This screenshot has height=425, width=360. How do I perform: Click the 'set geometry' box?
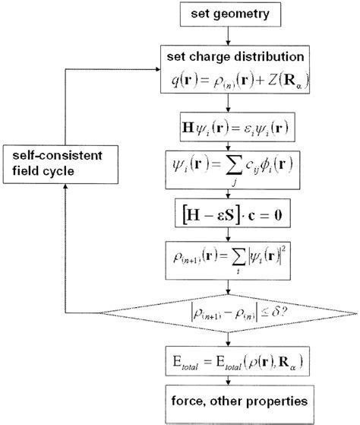(230, 14)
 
